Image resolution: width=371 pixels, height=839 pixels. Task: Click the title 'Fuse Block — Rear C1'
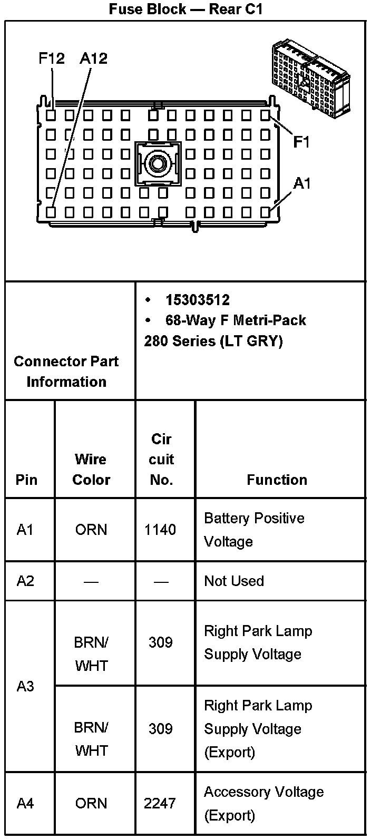point(185,9)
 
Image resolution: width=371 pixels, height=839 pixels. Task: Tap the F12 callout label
point(52,58)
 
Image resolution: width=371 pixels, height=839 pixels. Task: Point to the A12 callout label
point(93,58)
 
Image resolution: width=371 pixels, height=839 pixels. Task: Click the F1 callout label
point(301,142)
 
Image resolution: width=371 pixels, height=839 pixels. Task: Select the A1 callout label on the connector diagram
point(302,183)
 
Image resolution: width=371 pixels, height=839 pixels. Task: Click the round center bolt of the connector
point(157,163)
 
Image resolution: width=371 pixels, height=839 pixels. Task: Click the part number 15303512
point(198,300)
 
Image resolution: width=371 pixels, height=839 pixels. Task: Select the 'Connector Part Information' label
point(66,372)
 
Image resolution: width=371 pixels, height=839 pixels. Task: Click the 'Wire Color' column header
point(91,469)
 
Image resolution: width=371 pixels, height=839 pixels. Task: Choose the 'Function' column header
point(277,480)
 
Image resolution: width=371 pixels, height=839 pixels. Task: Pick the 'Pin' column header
point(26,480)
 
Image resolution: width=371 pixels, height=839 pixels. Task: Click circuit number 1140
point(160,529)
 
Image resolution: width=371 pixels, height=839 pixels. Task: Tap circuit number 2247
point(160,804)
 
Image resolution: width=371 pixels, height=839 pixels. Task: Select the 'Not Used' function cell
point(234,581)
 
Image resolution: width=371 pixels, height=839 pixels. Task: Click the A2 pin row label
point(25,581)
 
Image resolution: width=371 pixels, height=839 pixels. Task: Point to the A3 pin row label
point(25,686)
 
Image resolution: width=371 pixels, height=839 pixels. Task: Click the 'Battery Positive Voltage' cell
point(254,530)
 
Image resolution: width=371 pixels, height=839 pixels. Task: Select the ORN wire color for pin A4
point(91,804)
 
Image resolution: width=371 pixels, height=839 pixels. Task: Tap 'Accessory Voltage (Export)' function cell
point(263,804)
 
